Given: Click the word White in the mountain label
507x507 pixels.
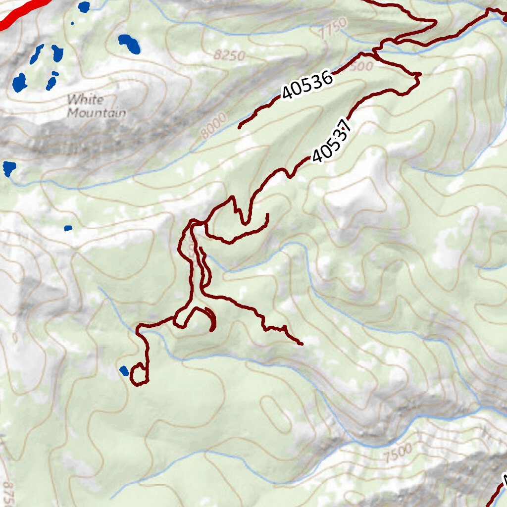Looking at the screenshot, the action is point(86,100).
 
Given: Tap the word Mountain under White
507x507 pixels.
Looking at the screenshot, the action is point(96,113).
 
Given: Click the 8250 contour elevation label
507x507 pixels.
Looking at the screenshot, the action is point(230,55).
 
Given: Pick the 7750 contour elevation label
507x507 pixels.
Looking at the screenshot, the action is point(331,31).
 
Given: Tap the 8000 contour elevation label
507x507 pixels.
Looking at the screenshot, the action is point(214,125).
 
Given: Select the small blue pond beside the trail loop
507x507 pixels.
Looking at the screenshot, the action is point(124,370).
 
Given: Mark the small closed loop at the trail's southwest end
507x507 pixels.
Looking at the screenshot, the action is point(139,374).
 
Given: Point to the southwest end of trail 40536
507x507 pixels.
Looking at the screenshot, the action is point(240,127).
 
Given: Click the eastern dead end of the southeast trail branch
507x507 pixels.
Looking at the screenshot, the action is point(302,343).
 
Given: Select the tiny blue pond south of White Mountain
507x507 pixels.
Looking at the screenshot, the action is point(68,228).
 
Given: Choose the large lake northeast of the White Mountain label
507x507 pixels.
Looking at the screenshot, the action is point(130,44).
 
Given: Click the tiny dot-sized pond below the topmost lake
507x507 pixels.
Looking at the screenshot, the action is point(72,23).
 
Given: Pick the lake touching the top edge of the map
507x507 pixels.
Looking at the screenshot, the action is point(84,6).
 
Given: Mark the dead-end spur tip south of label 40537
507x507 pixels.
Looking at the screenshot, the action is point(267,215).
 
